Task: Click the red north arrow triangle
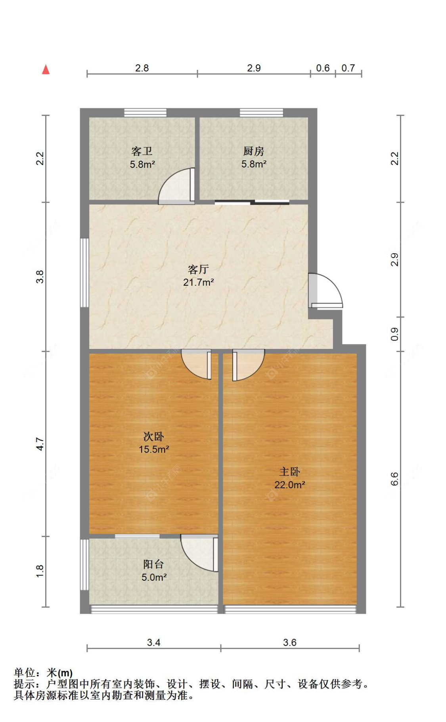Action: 46,69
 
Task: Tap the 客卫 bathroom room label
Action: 142,151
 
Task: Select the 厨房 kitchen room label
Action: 254,151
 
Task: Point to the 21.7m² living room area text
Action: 199,282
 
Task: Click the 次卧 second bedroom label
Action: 154,437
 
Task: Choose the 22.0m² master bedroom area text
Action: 290,485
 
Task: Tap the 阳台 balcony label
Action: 154,564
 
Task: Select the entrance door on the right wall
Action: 325,291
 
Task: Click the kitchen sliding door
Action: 252,202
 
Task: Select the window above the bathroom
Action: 145,113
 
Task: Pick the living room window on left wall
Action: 84,273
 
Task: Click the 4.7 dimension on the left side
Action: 40,444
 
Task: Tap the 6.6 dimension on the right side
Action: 394,479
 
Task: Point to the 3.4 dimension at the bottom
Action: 153,642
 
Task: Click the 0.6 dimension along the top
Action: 323,68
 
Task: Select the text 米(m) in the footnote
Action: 60,673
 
